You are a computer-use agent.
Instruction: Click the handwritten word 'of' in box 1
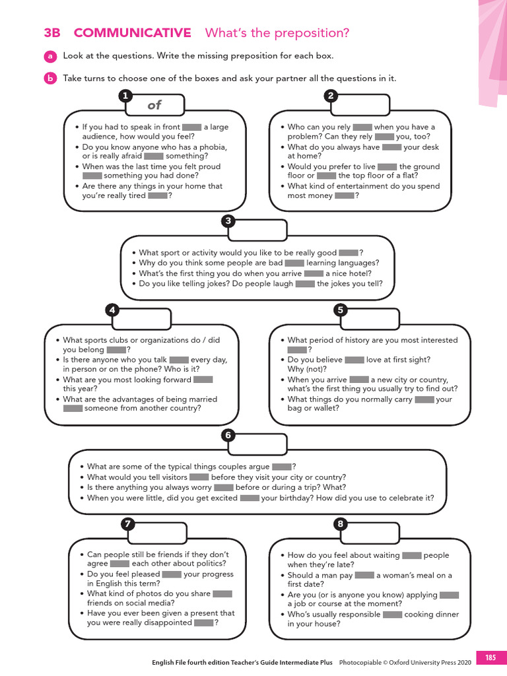(154, 105)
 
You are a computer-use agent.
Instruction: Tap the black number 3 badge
(228, 221)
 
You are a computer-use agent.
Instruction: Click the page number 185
(490, 658)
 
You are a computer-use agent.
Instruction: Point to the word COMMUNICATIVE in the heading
(133, 33)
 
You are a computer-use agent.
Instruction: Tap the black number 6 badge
(228, 435)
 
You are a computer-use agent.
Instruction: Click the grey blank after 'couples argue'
(282, 467)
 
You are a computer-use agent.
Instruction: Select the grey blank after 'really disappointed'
(204, 623)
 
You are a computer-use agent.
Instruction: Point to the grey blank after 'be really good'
(348, 253)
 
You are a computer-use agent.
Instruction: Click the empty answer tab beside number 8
(374, 532)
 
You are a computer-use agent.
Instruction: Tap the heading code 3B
(52, 33)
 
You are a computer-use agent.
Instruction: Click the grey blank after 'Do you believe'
(355, 360)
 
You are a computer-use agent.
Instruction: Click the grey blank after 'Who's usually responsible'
(392, 614)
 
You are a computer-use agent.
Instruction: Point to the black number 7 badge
(129, 524)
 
